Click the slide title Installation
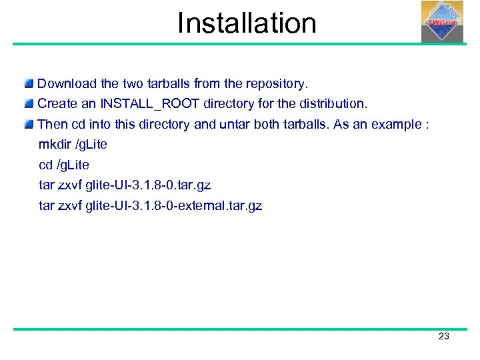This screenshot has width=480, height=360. coord(246,23)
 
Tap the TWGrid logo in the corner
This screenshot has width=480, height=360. coord(441,21)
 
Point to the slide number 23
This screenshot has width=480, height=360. coord(444,337)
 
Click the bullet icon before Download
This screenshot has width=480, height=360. coord(29,84)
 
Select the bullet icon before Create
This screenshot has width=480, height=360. coord(29,104)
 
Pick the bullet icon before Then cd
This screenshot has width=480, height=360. coord(29,124)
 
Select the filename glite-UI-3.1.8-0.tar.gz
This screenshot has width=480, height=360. coord(149,185)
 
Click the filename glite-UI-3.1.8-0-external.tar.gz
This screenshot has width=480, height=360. coord(174,205)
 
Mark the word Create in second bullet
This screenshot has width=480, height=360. coord(57,104)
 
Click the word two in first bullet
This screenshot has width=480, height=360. coord(131,84)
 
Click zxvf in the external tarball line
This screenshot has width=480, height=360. coord(71,205)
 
